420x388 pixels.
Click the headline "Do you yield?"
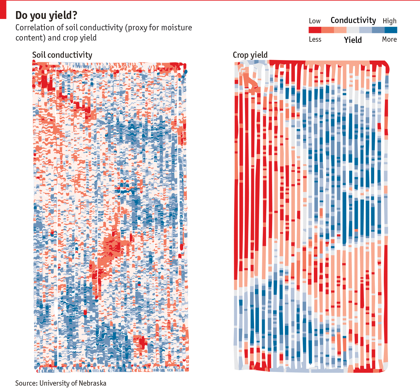[46, 15]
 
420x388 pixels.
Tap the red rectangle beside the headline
[3, 10]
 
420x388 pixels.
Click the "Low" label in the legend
[315, 21]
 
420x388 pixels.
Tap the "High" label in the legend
[390, 21]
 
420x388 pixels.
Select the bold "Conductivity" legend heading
[353, 20]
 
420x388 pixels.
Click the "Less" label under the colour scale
[315, 39]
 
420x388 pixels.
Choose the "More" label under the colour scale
[389, 39]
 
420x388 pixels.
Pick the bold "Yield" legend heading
[353, 40]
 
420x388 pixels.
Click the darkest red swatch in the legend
[315, 30]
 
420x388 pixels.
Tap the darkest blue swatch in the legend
[391, 30]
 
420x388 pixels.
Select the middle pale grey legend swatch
[353, 30]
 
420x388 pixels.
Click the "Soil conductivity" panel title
[62, 55]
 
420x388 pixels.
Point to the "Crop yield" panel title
[250, 55]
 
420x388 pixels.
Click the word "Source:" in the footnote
[27, 383]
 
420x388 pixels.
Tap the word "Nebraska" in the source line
[92, 383]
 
